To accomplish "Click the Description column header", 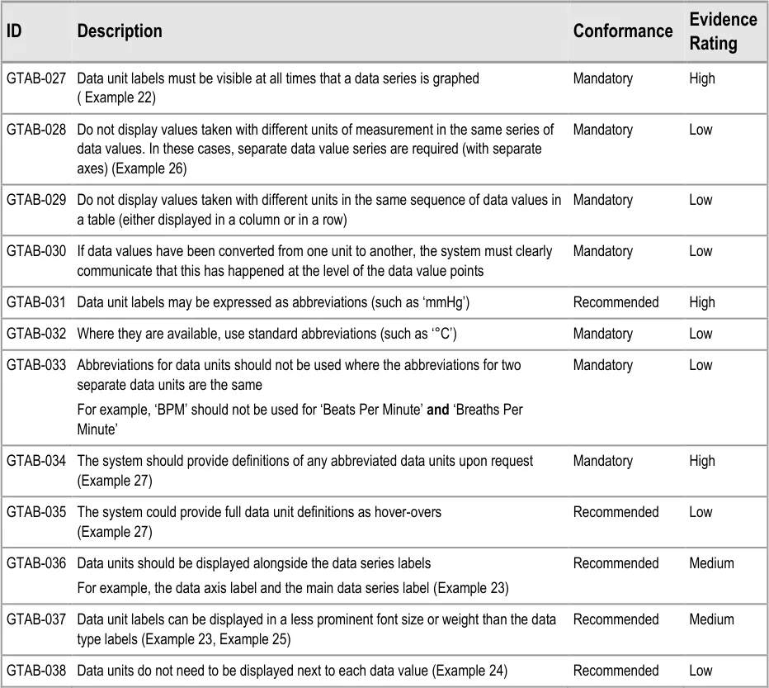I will click(120, 31).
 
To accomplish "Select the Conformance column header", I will click(623, 31).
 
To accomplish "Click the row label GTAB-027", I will click(36, 79).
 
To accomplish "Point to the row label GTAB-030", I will click(36, 251).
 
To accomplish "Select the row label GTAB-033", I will click(36, 365).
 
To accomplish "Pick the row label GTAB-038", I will click(36, 671).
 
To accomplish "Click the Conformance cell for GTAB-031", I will click(616, 302).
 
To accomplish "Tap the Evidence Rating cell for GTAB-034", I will click(702, 461).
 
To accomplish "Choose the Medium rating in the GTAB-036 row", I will click(711, 563).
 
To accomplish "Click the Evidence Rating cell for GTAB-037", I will click(711, 619).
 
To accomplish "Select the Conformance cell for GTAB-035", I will click(616, 512).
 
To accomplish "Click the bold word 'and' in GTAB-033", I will click(438, 410).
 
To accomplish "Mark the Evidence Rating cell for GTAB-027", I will click(702, 79).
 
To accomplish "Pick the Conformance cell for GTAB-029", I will click(603, 200).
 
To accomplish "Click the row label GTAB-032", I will click(36, 334).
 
